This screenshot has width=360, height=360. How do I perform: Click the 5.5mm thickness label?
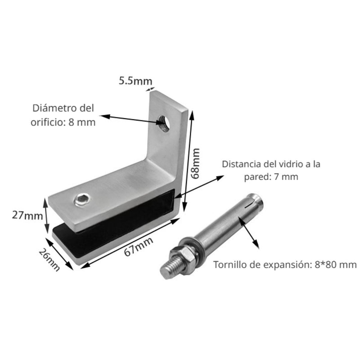[135, 81]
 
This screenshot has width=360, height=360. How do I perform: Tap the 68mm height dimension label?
[196, 163]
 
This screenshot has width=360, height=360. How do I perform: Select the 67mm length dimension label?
[139, 246]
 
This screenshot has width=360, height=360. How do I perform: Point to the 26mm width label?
[49, 260]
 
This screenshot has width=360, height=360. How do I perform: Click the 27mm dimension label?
[27, 216]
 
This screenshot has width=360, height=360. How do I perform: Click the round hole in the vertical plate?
[164, 123]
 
